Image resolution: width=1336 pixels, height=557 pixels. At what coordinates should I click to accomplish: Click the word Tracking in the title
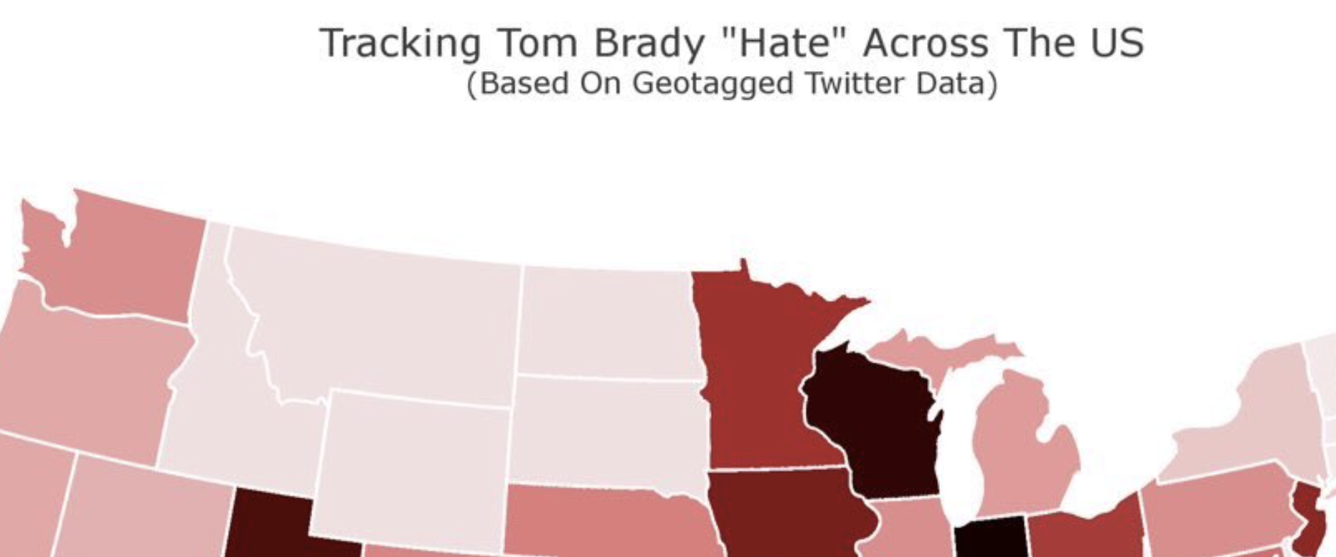pos(399,43)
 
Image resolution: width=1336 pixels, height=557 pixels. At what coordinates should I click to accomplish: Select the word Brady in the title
pos(649,43)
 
